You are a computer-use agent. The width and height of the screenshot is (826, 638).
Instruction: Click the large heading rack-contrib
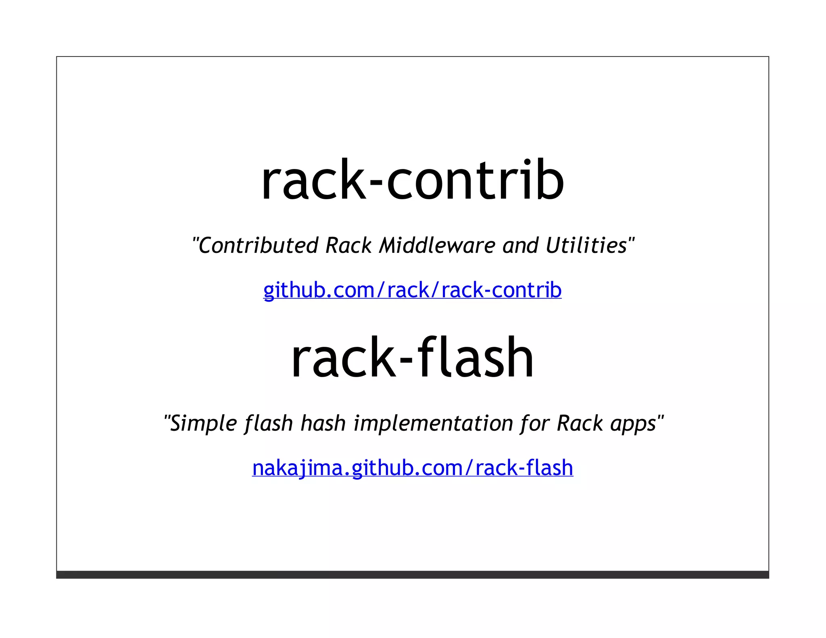click(x=412, y=180)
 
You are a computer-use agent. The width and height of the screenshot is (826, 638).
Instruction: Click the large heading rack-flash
click(x=412, y=358)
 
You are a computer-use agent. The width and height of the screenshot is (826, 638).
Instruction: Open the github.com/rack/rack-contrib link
click(x=412, y=290)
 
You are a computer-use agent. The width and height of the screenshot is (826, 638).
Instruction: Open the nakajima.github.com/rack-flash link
click(x=412, y=468)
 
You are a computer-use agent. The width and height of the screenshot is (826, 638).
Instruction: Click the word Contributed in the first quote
click(x=258, y=246)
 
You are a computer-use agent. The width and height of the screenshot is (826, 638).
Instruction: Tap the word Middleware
click(x=436, y=246)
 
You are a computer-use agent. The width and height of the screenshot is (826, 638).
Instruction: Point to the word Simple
click(x=203, y=423)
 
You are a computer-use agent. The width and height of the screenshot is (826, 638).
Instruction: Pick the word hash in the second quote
click(x=323, y=423)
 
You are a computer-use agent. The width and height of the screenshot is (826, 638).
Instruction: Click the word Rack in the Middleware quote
click(x=348, y=246)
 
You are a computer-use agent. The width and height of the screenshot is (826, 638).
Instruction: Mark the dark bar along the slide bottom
click(x=412, y=575)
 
